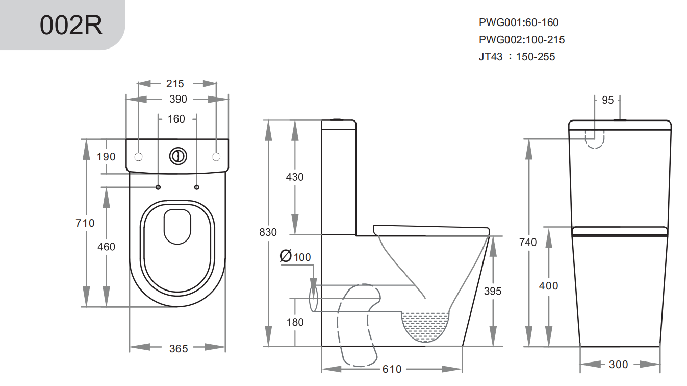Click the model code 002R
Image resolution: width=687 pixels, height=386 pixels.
[71, 26]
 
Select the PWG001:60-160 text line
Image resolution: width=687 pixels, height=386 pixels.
[519, 22]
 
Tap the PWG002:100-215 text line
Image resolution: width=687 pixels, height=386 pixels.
[522, 40]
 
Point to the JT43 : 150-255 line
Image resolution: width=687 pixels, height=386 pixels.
[517, 57]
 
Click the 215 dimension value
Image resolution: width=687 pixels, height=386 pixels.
[175, 83]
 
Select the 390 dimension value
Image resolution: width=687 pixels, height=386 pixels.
[178, 99]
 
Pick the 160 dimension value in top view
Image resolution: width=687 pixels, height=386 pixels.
[176, 119]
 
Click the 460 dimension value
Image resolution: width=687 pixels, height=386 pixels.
[106, 247]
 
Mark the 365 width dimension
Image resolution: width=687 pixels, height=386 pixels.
[179, 349]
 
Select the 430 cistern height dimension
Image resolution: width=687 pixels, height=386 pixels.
[294, 177]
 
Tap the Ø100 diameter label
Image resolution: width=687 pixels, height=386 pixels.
[296, 257]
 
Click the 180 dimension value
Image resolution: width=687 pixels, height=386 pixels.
[295, 322]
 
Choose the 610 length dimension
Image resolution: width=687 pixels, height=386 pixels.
[392, 369]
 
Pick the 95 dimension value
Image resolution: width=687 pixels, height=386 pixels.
[607, 100]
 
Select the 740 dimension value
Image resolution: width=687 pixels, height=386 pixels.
[528, 243]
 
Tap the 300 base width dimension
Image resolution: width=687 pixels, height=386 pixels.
[618, 365]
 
